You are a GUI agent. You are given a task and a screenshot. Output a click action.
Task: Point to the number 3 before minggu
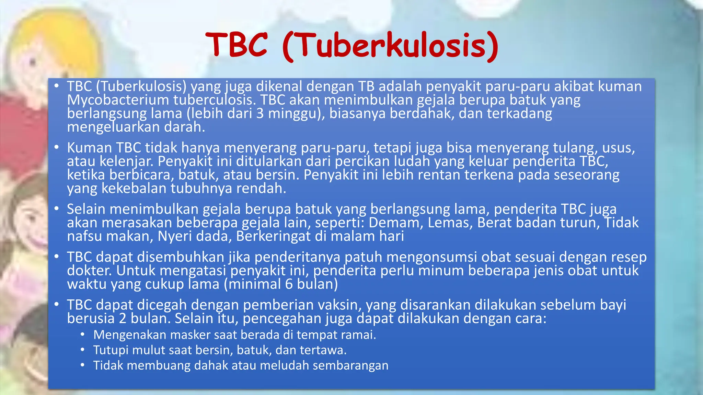click(x=260, y=113)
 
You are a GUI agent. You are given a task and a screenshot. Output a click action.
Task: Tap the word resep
click(x=629, y=257)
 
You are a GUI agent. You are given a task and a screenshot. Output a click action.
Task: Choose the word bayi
click(x=613, y=305)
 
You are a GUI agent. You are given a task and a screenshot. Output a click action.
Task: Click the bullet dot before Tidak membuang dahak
click(x=82, y=366)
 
